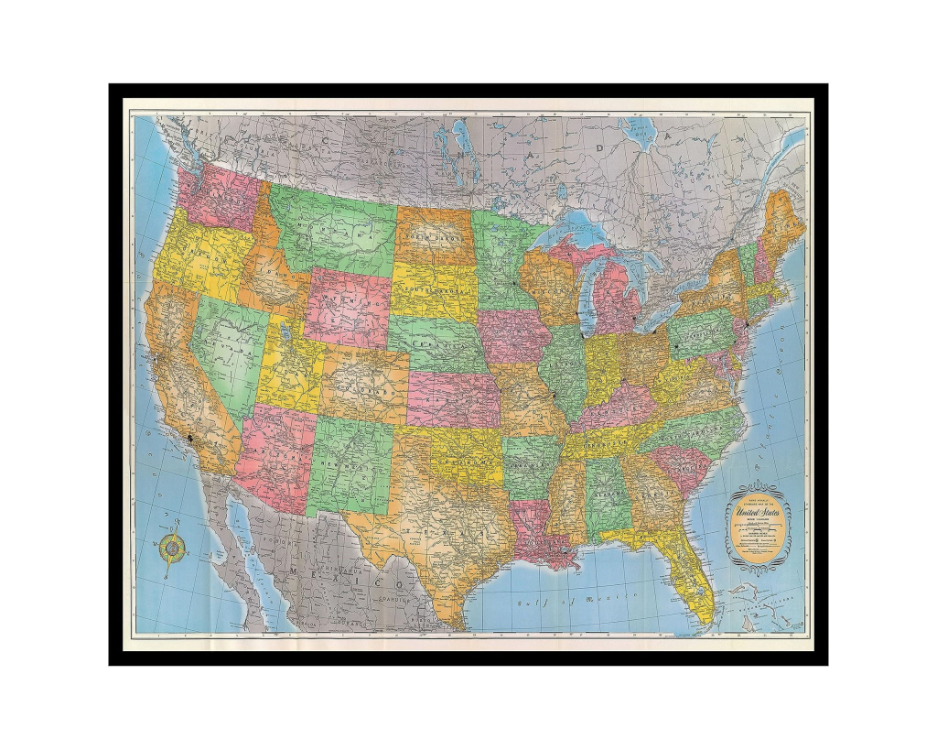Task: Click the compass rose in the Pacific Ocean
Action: click(173, 549)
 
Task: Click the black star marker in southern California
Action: click(190, 439)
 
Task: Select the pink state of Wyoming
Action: click(349, 306)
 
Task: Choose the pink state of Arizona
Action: click(275, 453)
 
